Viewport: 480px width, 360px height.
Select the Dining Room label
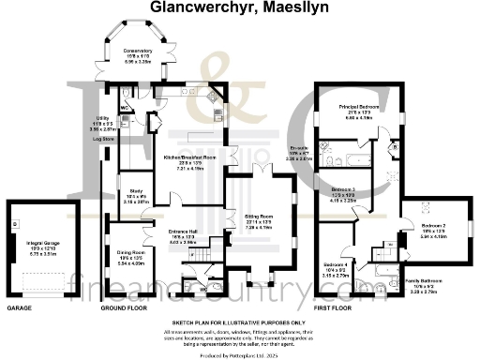tap(130, 253)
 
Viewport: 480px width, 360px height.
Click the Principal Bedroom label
tap(357, 107)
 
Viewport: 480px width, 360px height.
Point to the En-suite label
tap(299, 148)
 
